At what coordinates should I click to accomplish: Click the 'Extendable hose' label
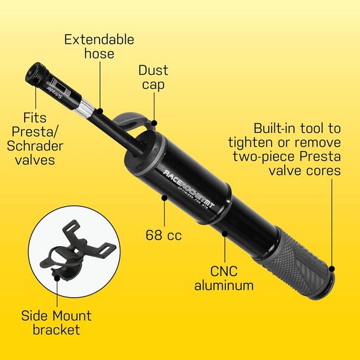pyautogui.click(x=99, y=46)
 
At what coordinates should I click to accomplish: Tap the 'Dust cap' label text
pyautogui.click(x=153, y=77)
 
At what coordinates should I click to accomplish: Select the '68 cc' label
pyautogui.click(x=164, y=235)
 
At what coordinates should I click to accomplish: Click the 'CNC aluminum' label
pyautogui.click(x=224, y=278)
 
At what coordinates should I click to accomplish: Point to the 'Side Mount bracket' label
pyautogui.click(x=56, y=323)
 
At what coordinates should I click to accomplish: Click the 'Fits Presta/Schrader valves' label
pyautogui.click(x=35, y=139)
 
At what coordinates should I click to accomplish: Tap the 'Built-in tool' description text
pyautogui.click(x=285, y=149)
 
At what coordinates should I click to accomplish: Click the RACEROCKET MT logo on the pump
pyautogui.click(x=189, y=189)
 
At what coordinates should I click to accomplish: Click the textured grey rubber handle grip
pyautogui.click(x=296, y=264)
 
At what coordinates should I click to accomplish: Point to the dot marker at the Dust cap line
pyautogui.click(x=154, y=123)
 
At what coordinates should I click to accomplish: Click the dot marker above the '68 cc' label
pyautogui.click(x=164, y=198)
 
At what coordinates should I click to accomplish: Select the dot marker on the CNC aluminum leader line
pyautogui.click(x=225, y=234)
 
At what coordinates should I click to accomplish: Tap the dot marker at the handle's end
pyautogui.click(x=332, y=269)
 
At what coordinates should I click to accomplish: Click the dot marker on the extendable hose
pyautogui.click(x=100, y=111)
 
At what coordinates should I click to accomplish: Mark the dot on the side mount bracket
pyautogui.click(x=57, y=278)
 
